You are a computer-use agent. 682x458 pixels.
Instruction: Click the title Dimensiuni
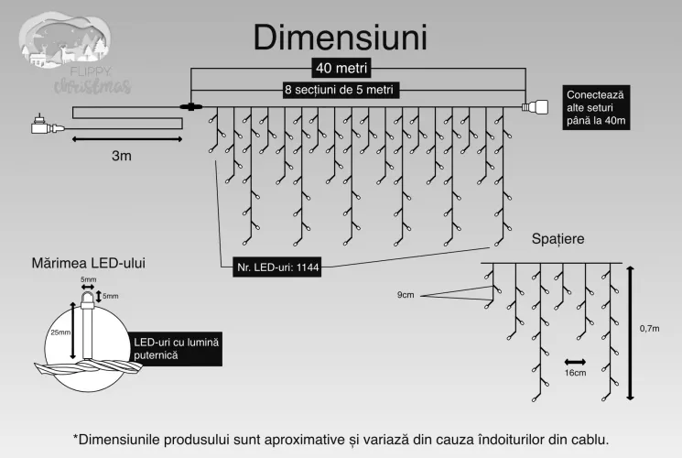[341, 38]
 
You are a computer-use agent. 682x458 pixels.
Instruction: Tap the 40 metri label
[341, 68]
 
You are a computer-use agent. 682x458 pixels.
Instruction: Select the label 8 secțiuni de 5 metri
[340, 90]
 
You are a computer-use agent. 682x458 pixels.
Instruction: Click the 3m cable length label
[122, 156]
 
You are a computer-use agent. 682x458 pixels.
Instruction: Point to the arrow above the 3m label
[127, 139]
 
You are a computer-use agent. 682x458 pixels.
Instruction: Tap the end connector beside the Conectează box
[535, 106]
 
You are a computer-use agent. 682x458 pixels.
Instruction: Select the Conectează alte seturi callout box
[596, 107]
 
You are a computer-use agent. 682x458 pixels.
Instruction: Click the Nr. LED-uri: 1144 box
[277, 267]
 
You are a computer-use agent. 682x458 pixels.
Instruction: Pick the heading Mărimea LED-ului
[88, 263]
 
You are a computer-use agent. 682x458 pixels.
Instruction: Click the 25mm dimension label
[60, 333]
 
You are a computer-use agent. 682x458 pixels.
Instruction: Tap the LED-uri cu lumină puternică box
[176, 349]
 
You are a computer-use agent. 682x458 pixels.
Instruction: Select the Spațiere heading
[558, 238]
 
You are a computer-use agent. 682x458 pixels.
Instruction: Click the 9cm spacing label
[406, 295]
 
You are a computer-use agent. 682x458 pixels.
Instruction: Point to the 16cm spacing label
[575, 373]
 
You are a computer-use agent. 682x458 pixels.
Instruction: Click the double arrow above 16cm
[575, 362]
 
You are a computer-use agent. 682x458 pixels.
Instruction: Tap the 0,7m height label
[649, 328]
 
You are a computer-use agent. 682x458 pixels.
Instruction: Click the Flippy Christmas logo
[74, 53]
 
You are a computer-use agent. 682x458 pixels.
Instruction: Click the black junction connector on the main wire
[191, 106]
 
